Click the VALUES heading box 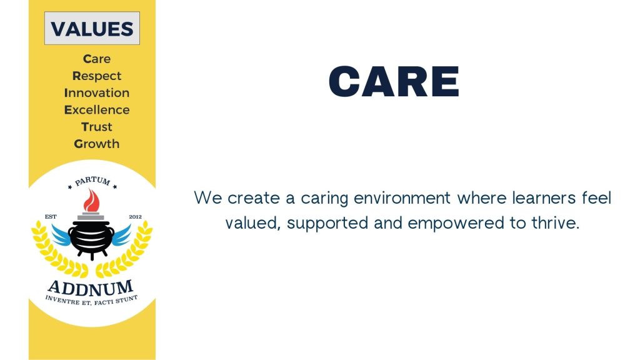click(92, 28)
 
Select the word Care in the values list click(97, 59)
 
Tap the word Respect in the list click(97, 76)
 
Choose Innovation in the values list click(97, 92)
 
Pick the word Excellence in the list click(97, 110)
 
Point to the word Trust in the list click(97, 127)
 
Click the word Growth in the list click(97, 144)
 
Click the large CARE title click(394, 81)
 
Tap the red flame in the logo click(91, 201)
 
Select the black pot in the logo click(91, 239)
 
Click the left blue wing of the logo click(61, 236)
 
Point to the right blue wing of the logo click(121, 236)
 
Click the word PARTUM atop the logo click(92, 181)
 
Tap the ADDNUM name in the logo click(91, 288)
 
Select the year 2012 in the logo click(135, 217)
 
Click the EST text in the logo click(51, 217)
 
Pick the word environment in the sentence click(402, 198)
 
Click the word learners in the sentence click(544, 198)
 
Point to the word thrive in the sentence click(555, 223)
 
